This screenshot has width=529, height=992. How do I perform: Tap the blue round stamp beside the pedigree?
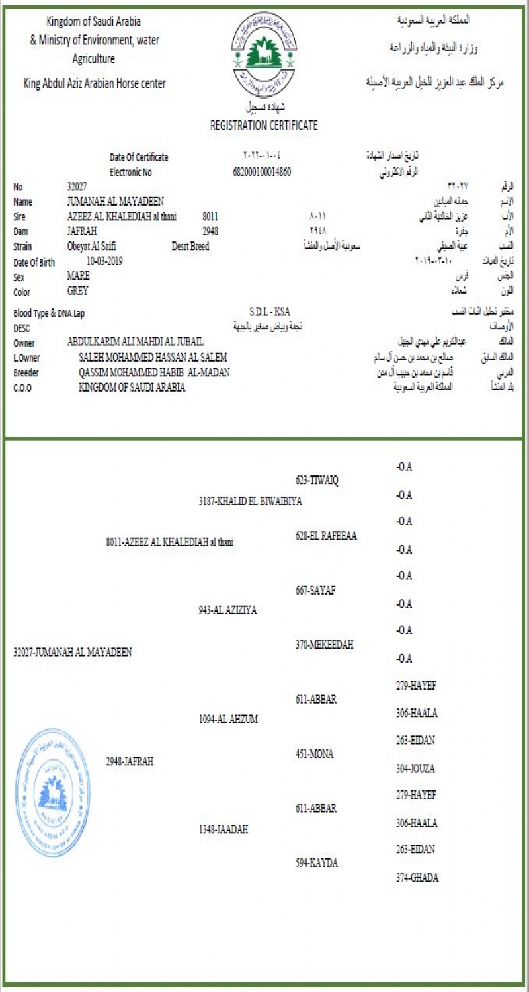[x=52, y=794]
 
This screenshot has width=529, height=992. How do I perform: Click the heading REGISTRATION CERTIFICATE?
[x=264, y=125]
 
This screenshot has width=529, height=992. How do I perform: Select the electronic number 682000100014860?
[x=263, y=172]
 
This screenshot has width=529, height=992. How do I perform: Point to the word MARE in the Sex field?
[x=79, y=276]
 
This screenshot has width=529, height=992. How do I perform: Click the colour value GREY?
[x=77, y=290]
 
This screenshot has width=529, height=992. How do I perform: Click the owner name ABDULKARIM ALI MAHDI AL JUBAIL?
[x=135, y=341]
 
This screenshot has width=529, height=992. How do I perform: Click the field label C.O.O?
[x=22, y=388]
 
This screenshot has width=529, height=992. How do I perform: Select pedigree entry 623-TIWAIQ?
[x=317, y=480]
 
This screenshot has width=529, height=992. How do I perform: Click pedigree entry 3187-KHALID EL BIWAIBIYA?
[x=250, y=501]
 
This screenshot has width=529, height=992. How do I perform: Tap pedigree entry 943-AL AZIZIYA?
[x=227, y=610]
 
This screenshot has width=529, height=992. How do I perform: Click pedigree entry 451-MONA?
[x=315, y=754]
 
